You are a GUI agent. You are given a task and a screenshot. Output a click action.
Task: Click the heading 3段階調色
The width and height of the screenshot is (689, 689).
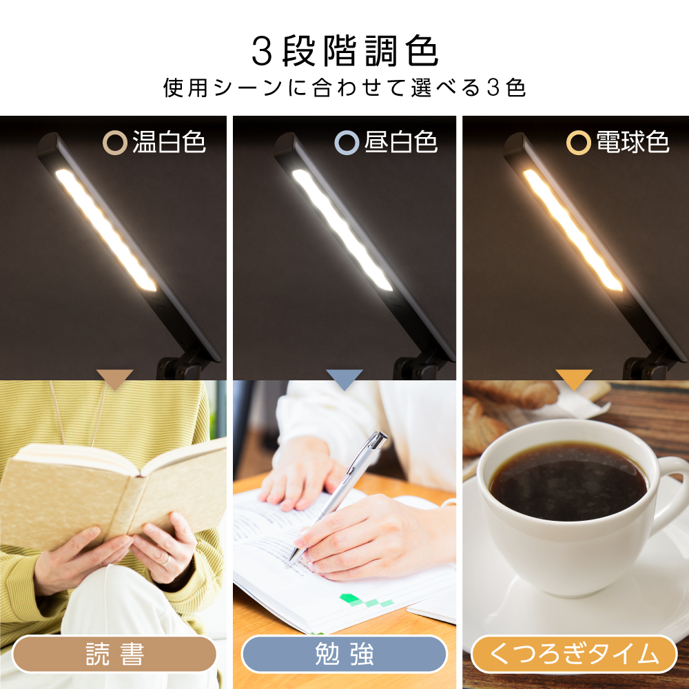pyautogui.click(x=344, y=52)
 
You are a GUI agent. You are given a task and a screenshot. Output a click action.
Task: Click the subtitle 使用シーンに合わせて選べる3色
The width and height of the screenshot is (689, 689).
pyautogui.click(x=344, y=89)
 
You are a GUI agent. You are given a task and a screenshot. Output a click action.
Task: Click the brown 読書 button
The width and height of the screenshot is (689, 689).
pyautogui.click(x=114, y=654)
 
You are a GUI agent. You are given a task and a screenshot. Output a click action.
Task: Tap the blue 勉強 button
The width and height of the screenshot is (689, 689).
pyautogui.click(x=344, y=654)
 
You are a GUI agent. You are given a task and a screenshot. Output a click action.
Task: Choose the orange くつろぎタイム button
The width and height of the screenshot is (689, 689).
pyautogui.click(x=574, y=654)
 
